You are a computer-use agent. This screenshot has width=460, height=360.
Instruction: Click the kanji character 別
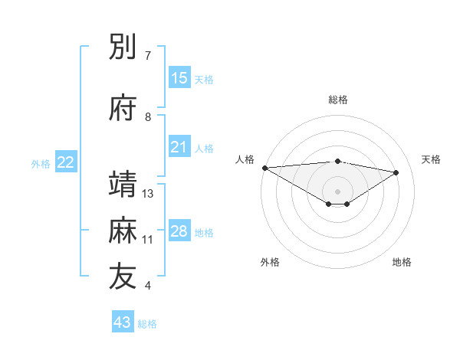tap(123, 47)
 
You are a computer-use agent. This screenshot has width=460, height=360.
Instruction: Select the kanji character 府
tap(123, 109)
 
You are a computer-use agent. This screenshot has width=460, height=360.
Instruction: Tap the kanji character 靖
tap(123, 185)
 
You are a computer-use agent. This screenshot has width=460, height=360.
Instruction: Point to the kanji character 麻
tap(123, 230)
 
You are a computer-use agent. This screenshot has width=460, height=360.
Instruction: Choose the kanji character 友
tap(123, 277)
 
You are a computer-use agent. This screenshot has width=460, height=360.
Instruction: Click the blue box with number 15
tap(179, 78)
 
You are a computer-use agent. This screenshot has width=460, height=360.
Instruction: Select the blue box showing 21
tap(179, 148)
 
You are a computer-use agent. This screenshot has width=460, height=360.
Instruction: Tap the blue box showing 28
tap(179, 231)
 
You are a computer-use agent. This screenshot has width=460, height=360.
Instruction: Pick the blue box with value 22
tap(66, 162)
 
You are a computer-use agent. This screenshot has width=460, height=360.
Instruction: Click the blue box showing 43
tap(123, 322)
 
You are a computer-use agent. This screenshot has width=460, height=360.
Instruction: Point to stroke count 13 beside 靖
tap(149, 194)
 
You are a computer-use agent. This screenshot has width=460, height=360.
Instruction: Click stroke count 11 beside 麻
tap(148, 240)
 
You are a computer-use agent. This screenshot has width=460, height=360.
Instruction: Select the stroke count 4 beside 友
tap(148, 286)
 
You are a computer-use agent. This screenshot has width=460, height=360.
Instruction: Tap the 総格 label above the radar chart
tap(337, 100)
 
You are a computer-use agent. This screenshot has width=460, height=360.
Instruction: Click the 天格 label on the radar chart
tap(432, 159)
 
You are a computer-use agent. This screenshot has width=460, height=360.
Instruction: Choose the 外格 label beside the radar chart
tap(270, 262)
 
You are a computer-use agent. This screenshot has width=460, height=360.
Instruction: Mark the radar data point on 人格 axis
tap(264, 168)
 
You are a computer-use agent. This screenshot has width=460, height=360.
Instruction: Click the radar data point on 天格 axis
tap(396, 172)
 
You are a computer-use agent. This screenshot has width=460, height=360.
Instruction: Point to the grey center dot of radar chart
tap(337, 190)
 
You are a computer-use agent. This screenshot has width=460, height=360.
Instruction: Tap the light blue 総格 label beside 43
tap(147, 324)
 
